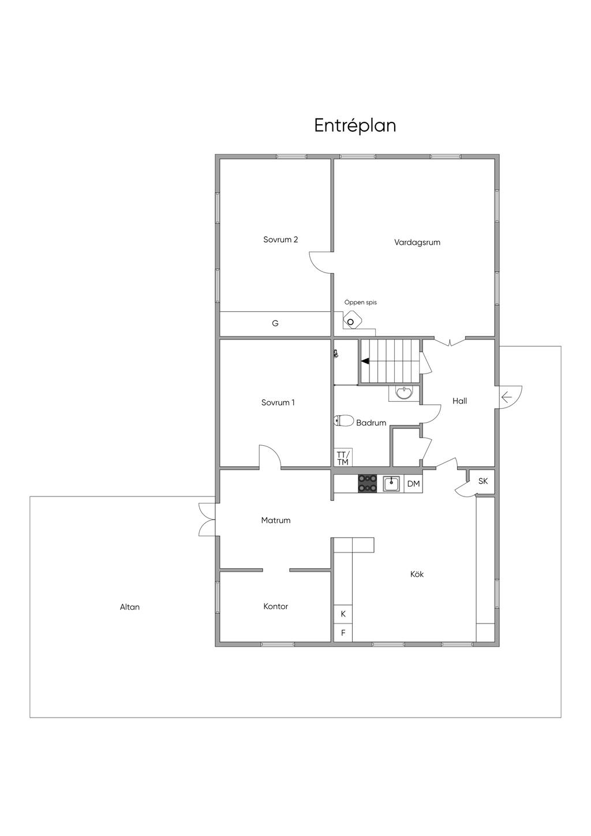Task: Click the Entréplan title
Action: click(x=355, y=126)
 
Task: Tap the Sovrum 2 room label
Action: click(x=280, y=240)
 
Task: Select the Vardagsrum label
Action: click(x=417, y=242)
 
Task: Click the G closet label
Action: click(x=275, y=323)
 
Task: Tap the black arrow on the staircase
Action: click(x=365, y=361)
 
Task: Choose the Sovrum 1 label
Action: click(x=278, y=402)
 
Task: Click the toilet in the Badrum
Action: click(x=343, y=421)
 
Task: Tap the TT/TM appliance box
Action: click(x=343, y=458)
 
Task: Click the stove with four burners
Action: click(x=368, y=484)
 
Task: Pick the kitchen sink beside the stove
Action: click(x=391, y=484)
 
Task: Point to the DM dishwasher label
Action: click(x=413, y=484)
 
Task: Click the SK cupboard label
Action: click(x=483, y=482)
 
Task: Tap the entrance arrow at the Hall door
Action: click(x=506, y=398)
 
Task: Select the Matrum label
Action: click(x=276, y=520)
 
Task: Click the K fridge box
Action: click(x=343, y=614)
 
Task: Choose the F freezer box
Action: click(x=343, y=633)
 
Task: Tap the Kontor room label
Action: click(x=276, y=606)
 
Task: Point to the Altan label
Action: click(x=130, y=607)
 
